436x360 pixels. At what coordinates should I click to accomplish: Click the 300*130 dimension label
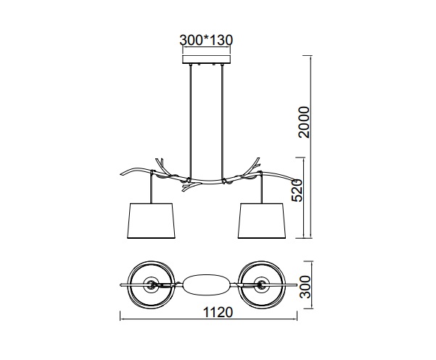pyautogui.click(x=206, y=40)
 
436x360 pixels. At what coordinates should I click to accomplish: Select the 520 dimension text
pyautogui.click(x=297, y=191)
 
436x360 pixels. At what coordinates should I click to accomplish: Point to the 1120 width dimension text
pyautogui.click(x=218, y=312)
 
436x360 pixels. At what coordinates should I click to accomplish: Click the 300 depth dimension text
pyautogui.click(x=305, y=287)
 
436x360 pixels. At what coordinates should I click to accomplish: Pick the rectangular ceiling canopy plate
pyautogui.click(x=206, y=60)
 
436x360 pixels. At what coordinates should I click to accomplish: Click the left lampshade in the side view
pyautogui.click(x=151, y=221)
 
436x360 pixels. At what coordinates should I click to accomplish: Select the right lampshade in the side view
pyautogui.click(x=262, y=221)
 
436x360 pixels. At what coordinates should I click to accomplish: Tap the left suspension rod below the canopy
pyautogui.click(x=191, y=121)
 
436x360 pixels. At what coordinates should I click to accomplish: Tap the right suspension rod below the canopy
pyautogui.click(x=222, y=121)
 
